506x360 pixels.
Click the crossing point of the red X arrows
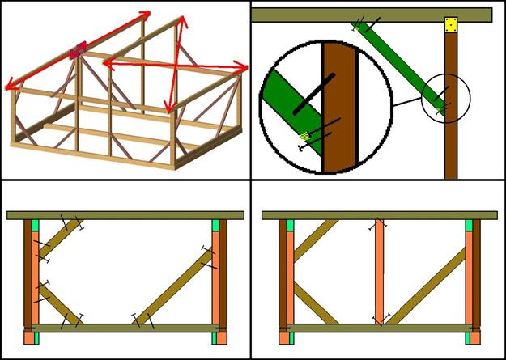pyautogui.click(x=176, y=62)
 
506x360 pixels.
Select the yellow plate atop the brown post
pyautogui.click(x=451, y=27)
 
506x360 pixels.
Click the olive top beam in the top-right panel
pyautogui.click(x=372, y=15)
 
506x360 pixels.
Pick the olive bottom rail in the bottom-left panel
pyautogui.click(x=125, y=328)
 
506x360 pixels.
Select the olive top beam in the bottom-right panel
pyautogui.click(x=379, y=214)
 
